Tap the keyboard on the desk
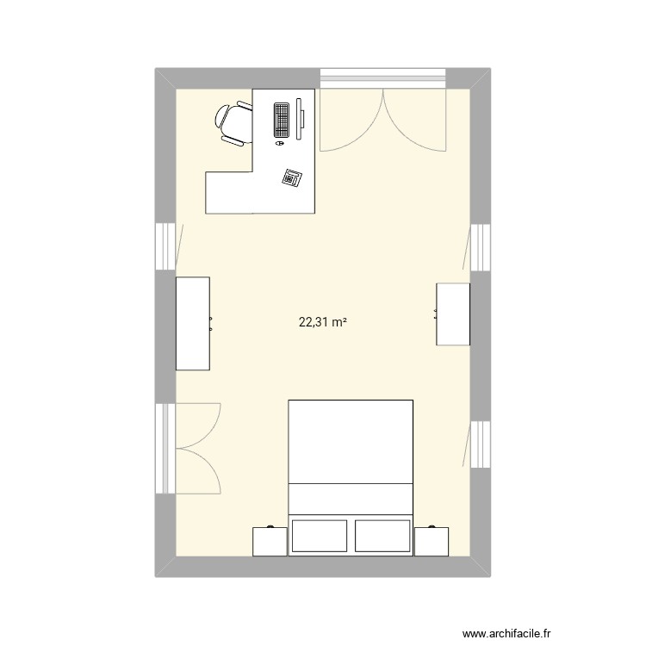(282, 120)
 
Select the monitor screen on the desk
(301, 118)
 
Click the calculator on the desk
(292, 177)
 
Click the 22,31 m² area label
(322, 323)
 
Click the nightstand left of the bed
(270, 541)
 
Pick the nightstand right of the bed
(432, 541)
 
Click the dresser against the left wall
(193, 324)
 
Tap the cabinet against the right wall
(453, 314)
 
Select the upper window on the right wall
(481, 248)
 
